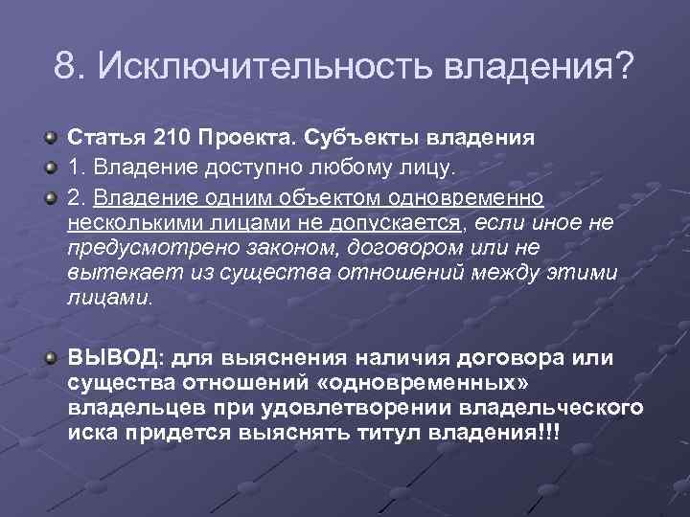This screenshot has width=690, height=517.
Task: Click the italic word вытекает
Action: click(108, 272)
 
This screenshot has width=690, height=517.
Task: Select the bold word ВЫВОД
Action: click(113, 359)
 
